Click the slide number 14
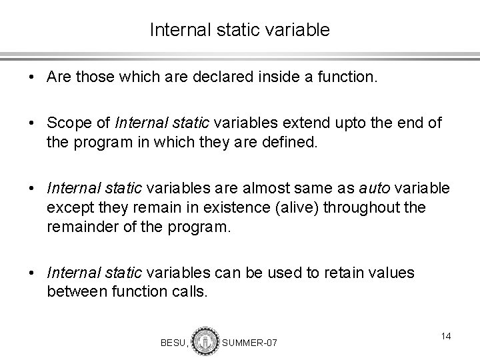point(445,337)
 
